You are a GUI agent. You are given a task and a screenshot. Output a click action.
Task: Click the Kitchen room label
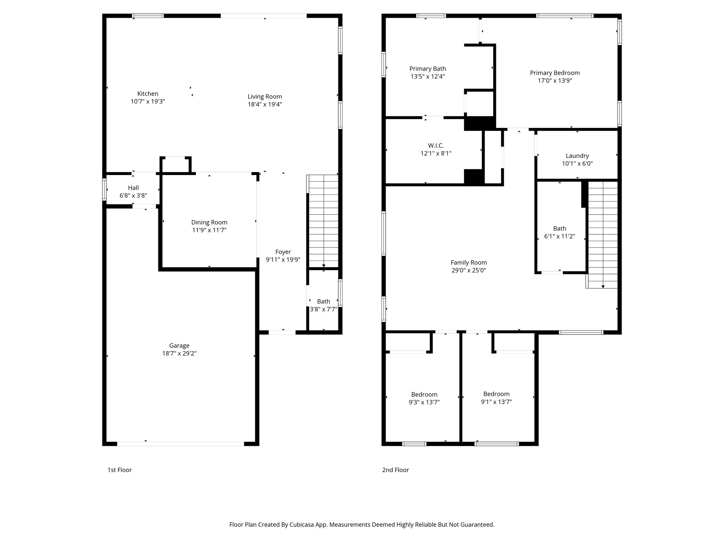[x=148, y=94]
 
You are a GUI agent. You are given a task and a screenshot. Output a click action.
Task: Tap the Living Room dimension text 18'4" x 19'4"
[x=264, y=104]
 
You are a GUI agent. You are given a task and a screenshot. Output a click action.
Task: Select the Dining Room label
[x=209, y=222]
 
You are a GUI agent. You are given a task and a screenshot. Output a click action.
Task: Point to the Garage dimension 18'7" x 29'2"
[x=179, y=353]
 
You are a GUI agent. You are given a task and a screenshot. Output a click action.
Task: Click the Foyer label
[x=283, y=252]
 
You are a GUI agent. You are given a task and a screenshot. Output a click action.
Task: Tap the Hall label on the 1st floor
[x=133, y=188]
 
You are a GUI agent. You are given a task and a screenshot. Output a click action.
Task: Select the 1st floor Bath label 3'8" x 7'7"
[x=323, y=309]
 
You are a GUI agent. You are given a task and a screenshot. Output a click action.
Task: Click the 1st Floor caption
[x=119, y=470]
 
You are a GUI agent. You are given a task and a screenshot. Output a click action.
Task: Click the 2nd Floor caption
[x=395, y=470]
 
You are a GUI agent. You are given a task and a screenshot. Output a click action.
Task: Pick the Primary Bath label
[x=427, y=69]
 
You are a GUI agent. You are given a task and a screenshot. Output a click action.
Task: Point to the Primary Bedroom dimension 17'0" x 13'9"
[x=555, y=81]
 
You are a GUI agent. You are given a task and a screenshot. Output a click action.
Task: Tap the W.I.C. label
[x=436, y=145]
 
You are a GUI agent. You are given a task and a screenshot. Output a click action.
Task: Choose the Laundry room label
[x=577, y=156]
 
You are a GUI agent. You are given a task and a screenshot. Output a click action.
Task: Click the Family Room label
[x=468, y=262]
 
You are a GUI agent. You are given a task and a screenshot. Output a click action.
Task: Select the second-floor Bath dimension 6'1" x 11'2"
[x=559, y=236]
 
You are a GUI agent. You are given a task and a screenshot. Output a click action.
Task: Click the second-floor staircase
[x=602, y=233]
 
